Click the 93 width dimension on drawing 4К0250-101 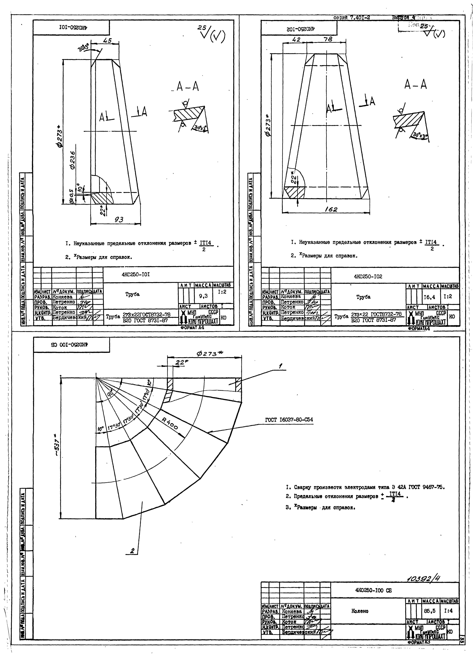119,220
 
